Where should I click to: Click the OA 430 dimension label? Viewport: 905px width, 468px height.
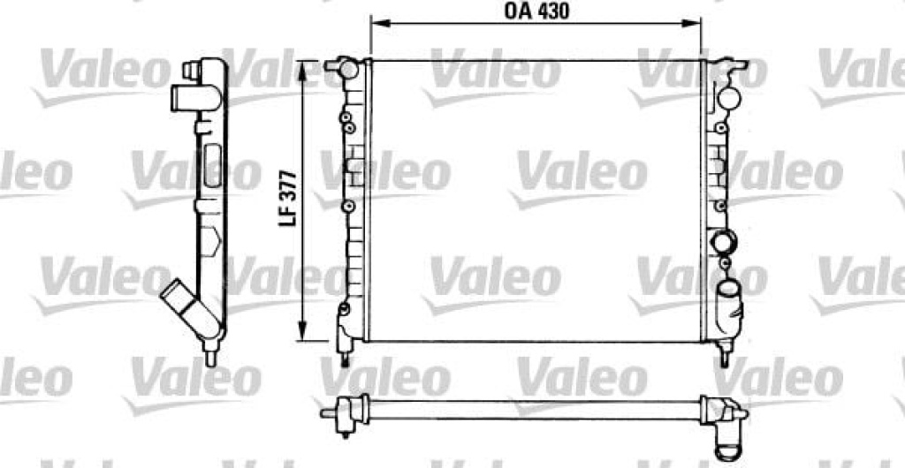(x=536, y=11)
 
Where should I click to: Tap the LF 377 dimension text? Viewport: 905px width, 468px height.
(x=288, y=199)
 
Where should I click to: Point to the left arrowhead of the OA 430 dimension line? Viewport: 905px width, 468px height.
(x=378, y=24)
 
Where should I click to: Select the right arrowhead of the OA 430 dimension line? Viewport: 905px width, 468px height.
(x=692, y=24)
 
